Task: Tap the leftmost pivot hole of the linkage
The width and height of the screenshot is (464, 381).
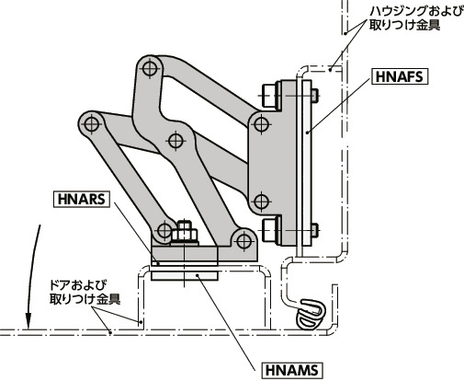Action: pyautogui.click(x=89, y=121)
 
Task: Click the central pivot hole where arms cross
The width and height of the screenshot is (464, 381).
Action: pyautogui.click(x=175, y=140)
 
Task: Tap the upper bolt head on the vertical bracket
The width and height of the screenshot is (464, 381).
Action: pyautogui.click(x=270, y=94)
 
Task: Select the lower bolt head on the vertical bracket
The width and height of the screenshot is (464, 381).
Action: pyautogui.click(x=270, y=227)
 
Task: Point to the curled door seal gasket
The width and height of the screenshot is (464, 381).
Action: pyautogui.click(x=311, y=313)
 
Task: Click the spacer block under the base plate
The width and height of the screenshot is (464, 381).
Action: pyautogui.click(x=185, y=272)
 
